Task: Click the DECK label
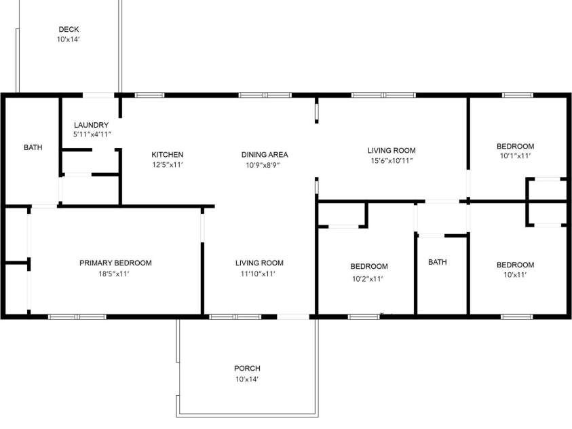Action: point(69,29)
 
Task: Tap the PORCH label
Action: point(247,369)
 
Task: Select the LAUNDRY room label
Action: point(91,125)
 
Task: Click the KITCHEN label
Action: point(167,155)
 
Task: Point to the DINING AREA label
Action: point(265,155)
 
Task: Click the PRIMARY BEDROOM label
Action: point(115,263)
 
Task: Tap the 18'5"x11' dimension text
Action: point(113,274)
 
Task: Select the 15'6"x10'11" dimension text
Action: point(392,161)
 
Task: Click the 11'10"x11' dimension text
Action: point(259,274)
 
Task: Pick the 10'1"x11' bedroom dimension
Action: point(515,156)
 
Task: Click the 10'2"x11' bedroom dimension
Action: point(369,278)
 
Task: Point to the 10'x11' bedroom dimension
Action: point(515,276)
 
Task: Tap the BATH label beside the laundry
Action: point(33,147)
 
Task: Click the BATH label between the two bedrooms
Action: point(437,262)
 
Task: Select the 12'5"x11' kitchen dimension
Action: point(167,165)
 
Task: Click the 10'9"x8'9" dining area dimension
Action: point(265,165)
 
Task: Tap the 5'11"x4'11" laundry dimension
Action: point(92,135)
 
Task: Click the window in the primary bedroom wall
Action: point(77,316)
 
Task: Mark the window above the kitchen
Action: point(150,95)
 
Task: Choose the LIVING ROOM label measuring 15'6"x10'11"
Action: point(392,151)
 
